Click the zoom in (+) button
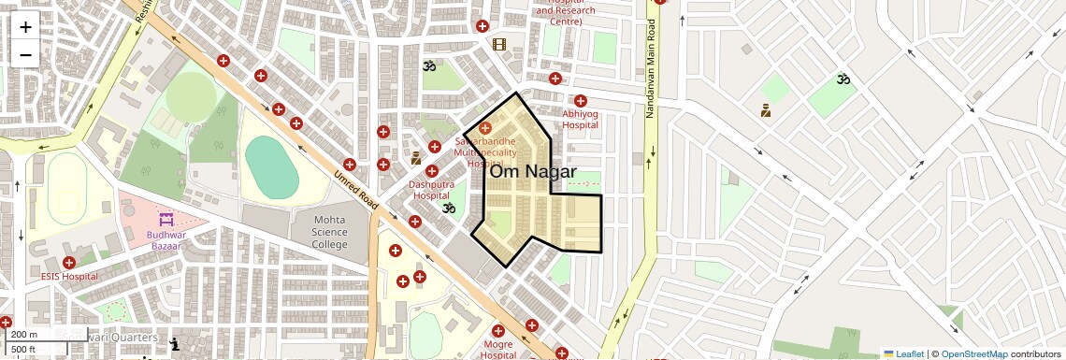point(25,27)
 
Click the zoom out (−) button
point(25,54)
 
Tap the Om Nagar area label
point(533,171)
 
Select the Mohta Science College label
point(317,232)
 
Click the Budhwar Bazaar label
point(166,240)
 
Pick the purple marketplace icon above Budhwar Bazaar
point(166,220)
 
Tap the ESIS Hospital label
point(69,277)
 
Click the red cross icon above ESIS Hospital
point(69,262)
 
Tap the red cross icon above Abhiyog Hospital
point(581,101)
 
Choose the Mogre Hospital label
point(498,350)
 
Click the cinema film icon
point(499,44)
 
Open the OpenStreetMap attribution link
point(973,353)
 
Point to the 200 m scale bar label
point(24,335)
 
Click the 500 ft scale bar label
point(23,349)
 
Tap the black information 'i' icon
point(174,345)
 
